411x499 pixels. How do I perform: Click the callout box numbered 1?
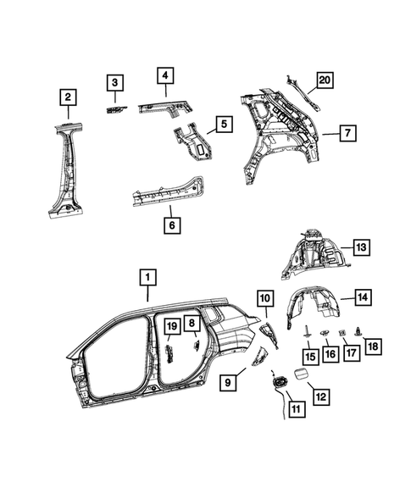pyautogui.click(x=147, y=277)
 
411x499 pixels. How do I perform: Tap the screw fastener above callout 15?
pyautogui.click(x=303, y=332)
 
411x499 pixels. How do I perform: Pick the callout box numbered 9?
pyautogui.click(x=228, y=384)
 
